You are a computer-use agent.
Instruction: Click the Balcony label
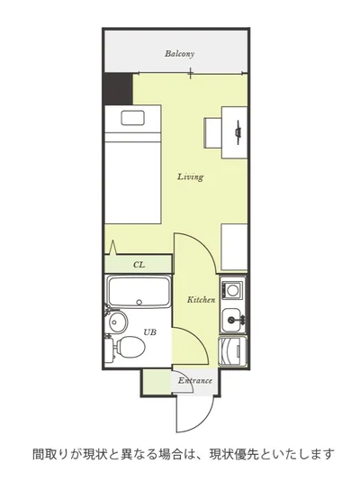click(x=179, y=54)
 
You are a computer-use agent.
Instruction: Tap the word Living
click(x=190, y=177)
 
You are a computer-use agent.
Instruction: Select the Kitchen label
click(x=201, y=299)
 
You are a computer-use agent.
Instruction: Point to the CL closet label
click(x=139, y=265)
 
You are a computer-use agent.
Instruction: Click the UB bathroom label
click(x=150, y=331)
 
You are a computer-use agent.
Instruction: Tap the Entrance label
click(x=195, y=381)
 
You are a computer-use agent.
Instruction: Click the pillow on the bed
click(x=132, y=118)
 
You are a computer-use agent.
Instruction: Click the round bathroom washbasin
click(x=118, y=322)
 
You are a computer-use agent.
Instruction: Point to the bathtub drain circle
click(x=139, y=302)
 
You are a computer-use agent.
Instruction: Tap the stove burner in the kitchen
click(x=232, y=289)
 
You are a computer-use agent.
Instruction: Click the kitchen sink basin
click(x=231, y=321)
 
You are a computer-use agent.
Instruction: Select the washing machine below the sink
click(x=232, y=351)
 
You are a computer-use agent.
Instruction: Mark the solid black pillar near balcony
click(x=118, y=88)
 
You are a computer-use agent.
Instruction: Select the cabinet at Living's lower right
click(x=234, y=247)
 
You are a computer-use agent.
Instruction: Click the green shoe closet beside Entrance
click(x=157, y=382)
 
